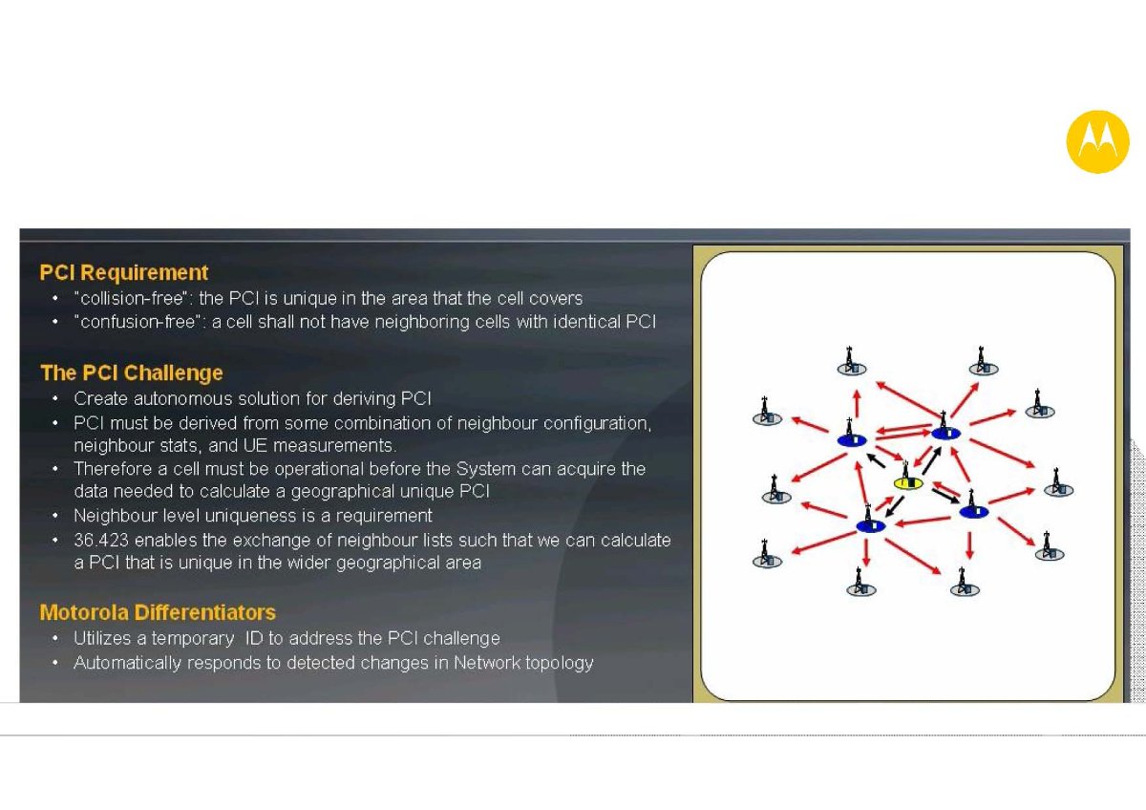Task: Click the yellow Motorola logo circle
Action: pos(1097,141)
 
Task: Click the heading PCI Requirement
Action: pos(124,273)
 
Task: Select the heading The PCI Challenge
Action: pos(132,373)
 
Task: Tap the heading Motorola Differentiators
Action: pos(158,612)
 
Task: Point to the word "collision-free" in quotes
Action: pos(132,298)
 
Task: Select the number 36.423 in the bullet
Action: pos(101,540)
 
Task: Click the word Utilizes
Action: pos(102,638)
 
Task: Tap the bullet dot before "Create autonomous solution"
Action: pos(55,398)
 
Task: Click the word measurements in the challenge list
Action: pos(334,446)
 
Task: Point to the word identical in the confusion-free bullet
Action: pos(586,321)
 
